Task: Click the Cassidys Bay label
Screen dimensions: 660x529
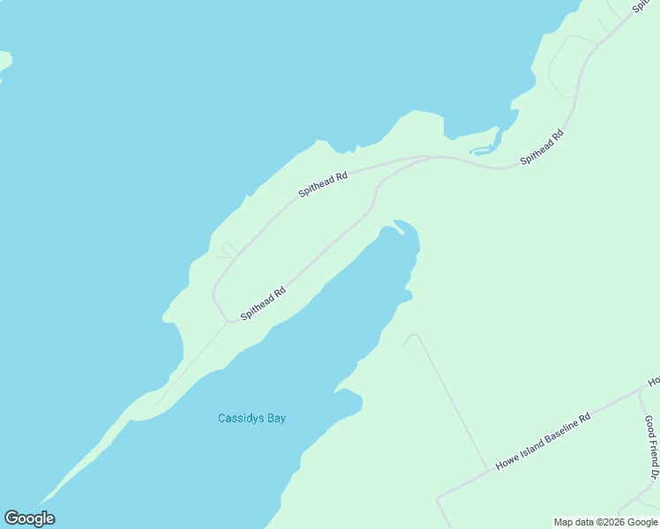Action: click(251, 418)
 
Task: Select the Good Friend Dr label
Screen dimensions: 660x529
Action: click(652, 448)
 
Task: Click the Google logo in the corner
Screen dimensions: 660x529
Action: click(29, 518)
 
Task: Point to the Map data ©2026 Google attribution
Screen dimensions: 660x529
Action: click(606, 522)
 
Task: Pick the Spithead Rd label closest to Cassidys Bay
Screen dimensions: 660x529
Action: click(263, 303)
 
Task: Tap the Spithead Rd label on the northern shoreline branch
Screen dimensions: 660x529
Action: click(322, 183)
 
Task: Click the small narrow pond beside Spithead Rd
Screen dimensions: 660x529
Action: click(484, 148)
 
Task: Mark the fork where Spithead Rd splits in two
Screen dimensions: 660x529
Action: click(427, 159)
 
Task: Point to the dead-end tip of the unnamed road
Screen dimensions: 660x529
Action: click(404, 345)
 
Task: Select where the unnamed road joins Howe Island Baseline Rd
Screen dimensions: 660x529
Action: click(488, 470)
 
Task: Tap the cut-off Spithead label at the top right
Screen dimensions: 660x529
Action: click(645, 6)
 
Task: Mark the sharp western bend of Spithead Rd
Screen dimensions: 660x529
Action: click(214, 291)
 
